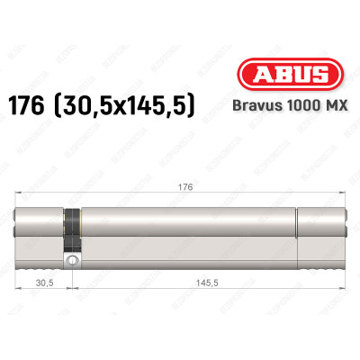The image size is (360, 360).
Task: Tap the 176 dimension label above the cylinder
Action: (179, 187)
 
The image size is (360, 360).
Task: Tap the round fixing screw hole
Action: (71, 261)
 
